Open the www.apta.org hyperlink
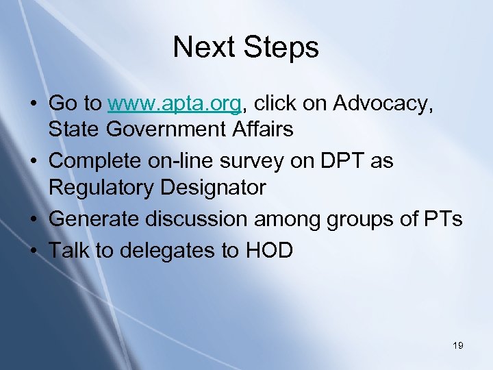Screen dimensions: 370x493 pos(174,103)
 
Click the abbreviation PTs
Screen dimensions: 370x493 pos(443,219)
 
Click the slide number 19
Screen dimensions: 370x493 pos(458,345)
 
